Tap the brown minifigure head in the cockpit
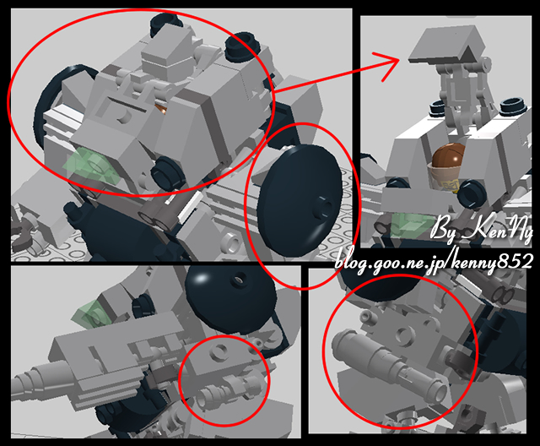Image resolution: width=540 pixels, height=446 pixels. click(x=450, y=159)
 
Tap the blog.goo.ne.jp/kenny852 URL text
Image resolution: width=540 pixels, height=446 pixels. click(x=434, y=258)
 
